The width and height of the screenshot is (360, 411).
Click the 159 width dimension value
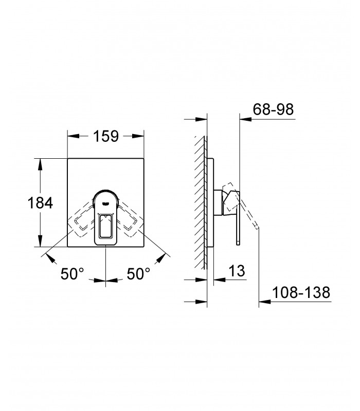[x=106, y=136]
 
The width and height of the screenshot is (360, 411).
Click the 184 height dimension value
[x=40, y=202]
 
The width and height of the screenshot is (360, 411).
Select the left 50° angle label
[x=72, y=274]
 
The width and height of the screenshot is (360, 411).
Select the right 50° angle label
[x=138, y=274]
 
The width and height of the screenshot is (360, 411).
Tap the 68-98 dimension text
[x=273, y=109]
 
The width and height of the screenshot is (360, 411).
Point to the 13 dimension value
[x=237, y=271]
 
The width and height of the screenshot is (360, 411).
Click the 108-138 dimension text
[x=301, y=292]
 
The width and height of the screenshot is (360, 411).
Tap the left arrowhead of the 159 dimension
[x=74, y=136]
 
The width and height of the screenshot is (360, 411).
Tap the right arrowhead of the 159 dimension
[x=138, y=136]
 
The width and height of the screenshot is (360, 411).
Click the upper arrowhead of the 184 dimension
[x=40, y=164]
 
